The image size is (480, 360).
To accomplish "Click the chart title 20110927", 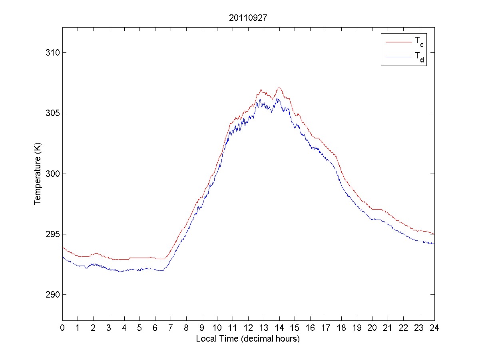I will click(248, 18).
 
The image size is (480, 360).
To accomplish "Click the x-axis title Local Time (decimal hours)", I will click(248, 339).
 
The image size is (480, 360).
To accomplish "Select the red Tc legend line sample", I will click(398, 42).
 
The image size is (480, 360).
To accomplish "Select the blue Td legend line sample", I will click(398, 57).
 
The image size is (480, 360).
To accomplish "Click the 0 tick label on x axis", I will click(62, 328).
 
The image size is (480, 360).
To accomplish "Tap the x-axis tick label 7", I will click(171, 328).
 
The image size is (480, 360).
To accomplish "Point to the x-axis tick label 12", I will click(248, 328).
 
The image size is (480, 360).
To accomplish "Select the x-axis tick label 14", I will click(279, 328).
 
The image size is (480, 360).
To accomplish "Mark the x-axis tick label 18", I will click(341, 328).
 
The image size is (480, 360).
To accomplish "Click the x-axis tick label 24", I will click(434, 328).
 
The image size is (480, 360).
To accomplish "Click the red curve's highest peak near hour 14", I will click(279, 88).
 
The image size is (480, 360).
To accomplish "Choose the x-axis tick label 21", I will click(388, 328).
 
